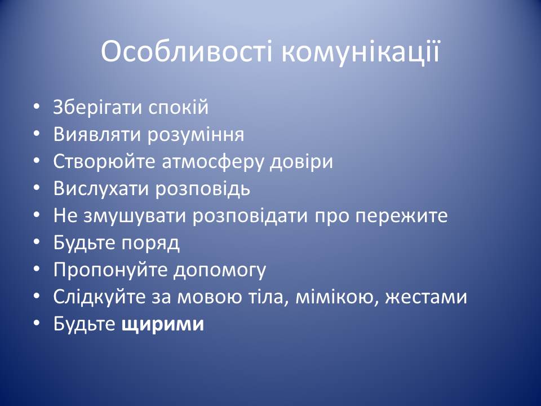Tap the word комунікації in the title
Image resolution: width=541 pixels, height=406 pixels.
(361, 51)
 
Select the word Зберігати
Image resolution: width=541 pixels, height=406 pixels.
(97, 108)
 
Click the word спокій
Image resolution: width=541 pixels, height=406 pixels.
(179, 108)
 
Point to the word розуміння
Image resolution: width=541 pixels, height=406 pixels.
(196, 135)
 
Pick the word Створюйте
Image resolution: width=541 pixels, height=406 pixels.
(104, 162)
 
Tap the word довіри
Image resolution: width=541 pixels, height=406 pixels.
(301, 162)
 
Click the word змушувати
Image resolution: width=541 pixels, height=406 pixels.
(135, 216)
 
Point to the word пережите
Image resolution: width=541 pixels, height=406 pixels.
(402, 217)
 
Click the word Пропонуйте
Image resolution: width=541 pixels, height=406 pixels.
(110, 270)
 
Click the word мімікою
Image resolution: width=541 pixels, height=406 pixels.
(337, 297)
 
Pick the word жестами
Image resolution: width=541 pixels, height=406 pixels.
(426, 298)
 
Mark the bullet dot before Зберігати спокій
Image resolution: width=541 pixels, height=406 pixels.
(37, 107)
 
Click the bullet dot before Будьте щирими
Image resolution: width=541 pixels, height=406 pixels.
(37, 324)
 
